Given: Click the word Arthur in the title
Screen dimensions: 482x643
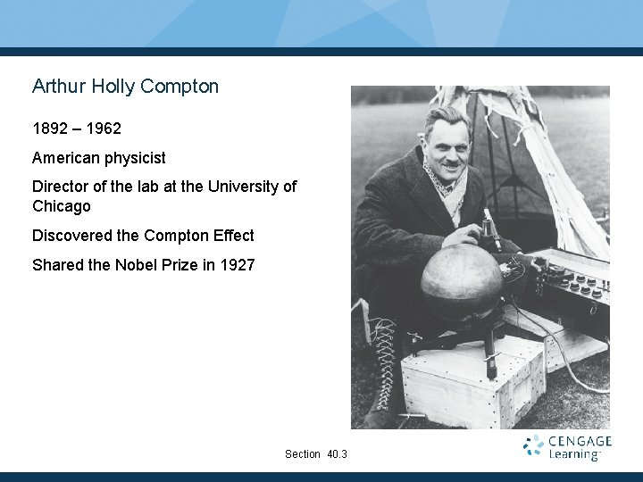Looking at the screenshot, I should pyautogui.click(x=55, y=87).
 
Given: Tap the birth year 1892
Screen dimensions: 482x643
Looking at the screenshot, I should pyautogui.click(x=50, y=129).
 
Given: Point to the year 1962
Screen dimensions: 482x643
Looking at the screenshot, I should pyautogui.click(x=104, y=129).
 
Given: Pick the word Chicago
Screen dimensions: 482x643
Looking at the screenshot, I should pyautogui.click(x=62, y=206).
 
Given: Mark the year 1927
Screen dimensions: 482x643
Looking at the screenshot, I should pyautogui.click(x=237, y=265).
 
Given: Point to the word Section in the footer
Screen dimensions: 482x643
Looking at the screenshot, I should pyautogui.click(x=302, y=454).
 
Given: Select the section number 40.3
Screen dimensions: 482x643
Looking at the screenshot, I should pyautogui.click(x=337, y=454).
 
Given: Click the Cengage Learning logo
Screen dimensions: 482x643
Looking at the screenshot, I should pyautogui.click(x=567, y=447).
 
